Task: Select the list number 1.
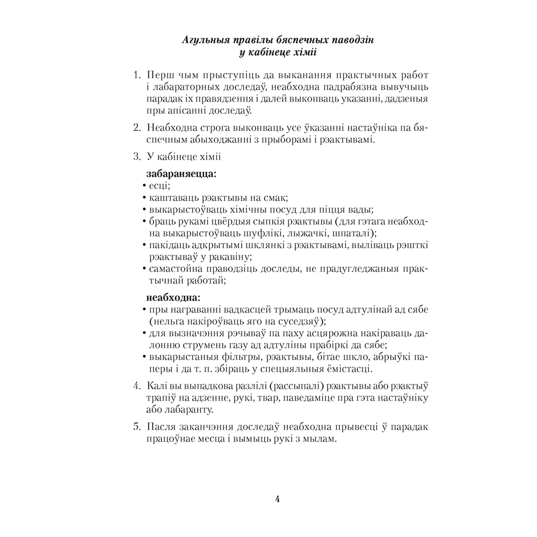click(136, 73)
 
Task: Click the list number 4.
click(136, 386)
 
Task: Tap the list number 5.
click(136, 427)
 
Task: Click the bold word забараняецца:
click(182, 174)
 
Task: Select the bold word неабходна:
click(173, 296)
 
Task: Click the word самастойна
click(177, 269)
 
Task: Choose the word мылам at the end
click(321, 439)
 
